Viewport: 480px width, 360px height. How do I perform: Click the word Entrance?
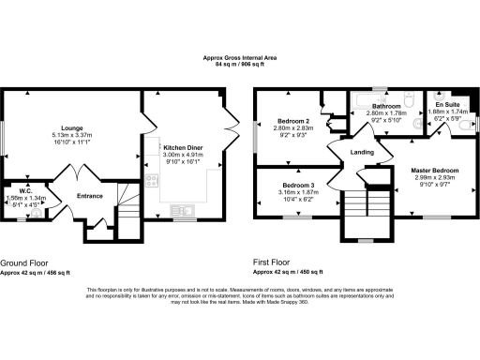(90, 195)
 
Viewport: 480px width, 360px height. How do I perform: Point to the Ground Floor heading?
(25, 263)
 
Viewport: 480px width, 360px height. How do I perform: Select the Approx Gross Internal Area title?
(240, 58)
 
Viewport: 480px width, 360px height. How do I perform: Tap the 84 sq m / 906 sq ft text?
(240, 66)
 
